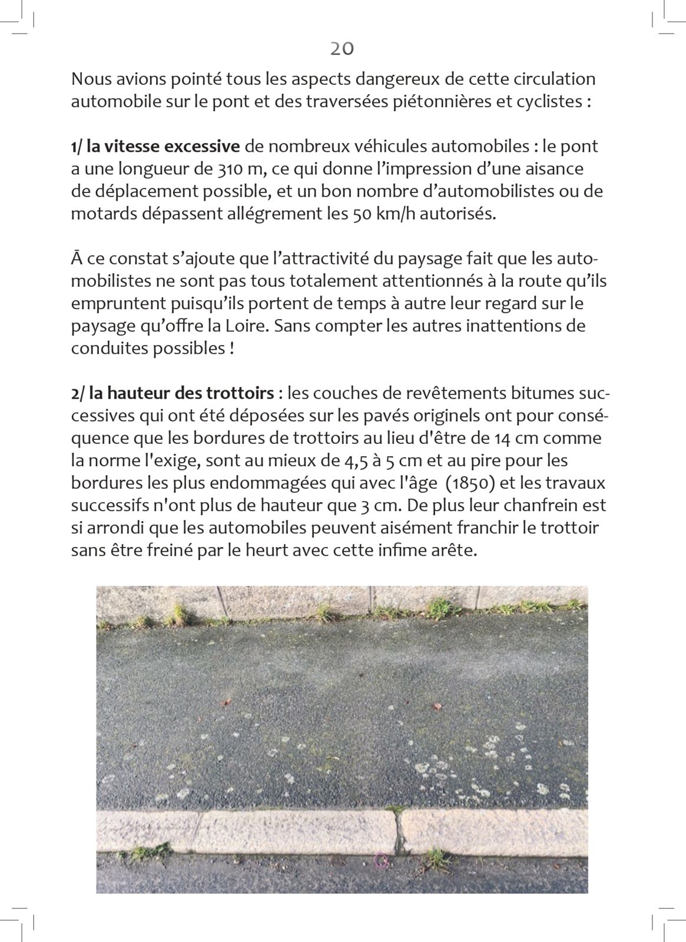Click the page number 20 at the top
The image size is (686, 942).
[x=342, y=49]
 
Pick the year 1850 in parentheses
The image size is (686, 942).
[x=470, y=483]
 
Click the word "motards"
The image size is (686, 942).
[x=104, y=214]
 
